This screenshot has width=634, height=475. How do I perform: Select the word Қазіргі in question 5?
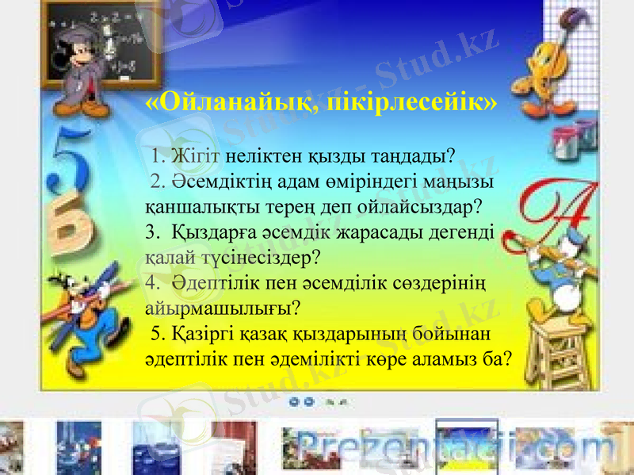pyautogui.click(x=196, y=333)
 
